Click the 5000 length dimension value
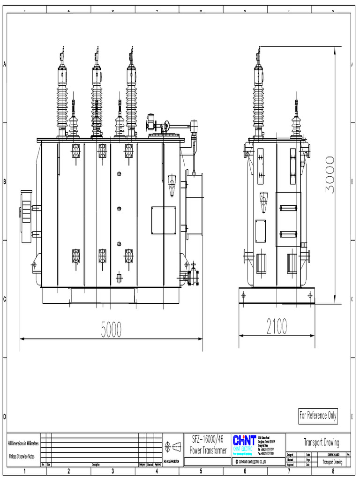click(x=112, y=330)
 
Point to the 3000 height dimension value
click(x=330, y=174)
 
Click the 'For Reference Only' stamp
click(x=318, y=416)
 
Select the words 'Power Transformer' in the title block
click(x=208, y=450)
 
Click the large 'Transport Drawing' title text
click(x=321, y=442)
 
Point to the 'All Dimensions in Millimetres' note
click(x=23, y=443)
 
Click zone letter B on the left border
click(x=4, y=182)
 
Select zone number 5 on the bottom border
click(x=201, y=472)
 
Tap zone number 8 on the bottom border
click(x=333, y=472)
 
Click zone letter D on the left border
click(x=4, y=417)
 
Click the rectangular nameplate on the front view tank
click(x=163, y=219)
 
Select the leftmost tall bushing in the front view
click(x=62, y=94)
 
